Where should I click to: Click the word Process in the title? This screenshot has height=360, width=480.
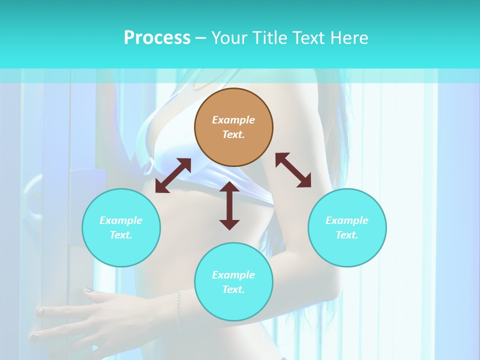(x=157, y=38)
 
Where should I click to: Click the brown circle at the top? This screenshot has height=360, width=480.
(x=233, y=127)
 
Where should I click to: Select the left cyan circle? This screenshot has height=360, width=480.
(x=121, y=227)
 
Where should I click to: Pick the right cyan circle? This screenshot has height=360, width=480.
(x=347, y=227)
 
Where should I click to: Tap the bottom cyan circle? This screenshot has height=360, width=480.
(x=233, y=282)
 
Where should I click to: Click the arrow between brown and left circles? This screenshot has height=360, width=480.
(x=173, y=175)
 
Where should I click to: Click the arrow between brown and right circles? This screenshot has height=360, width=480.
(x=293, y=170)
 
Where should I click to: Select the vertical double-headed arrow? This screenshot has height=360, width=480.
(x=229, y=205)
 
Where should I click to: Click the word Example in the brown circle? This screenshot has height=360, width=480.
(x=233, y=120)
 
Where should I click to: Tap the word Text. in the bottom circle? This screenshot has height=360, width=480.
(x=233, y=289)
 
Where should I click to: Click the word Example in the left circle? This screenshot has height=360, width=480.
(x=121, y=220)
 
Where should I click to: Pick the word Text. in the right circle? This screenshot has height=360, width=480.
(x=347, y=235)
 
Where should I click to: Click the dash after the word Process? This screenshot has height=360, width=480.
(x=201, y=38)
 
